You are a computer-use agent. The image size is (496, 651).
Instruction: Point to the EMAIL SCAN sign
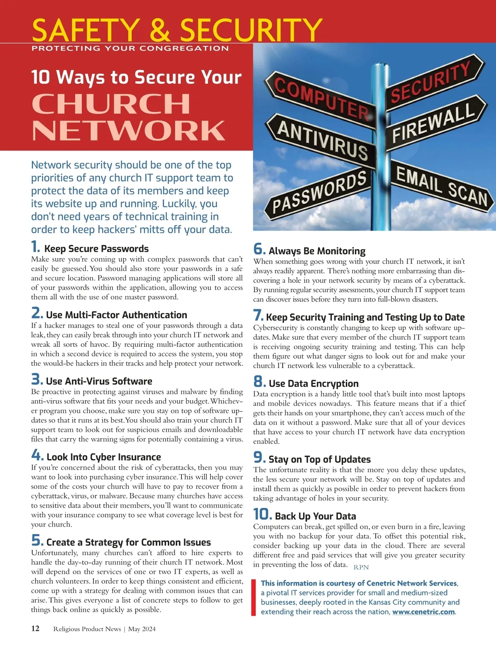point(442,186)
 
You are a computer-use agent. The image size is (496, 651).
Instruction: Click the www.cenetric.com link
point(423,612)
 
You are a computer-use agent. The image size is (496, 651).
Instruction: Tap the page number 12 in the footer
point(36,628)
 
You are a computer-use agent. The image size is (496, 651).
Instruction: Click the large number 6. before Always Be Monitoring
point(260,249)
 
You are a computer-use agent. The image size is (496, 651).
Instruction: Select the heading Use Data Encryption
point(313,384)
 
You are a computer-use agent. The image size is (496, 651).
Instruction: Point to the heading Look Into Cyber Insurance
point(104,457)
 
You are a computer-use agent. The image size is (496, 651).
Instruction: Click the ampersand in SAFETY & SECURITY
point(160,30)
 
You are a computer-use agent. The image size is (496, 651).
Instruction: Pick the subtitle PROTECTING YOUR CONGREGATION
point(130,48)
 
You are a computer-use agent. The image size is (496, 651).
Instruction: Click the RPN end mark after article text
point(361,567)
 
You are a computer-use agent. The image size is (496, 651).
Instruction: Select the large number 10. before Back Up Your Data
point(262,514)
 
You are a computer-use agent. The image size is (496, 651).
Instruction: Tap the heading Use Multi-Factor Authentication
point(117,315)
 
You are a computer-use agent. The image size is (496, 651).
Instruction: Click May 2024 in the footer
point(142,629)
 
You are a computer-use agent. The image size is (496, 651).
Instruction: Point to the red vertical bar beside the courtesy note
point(254,598)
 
